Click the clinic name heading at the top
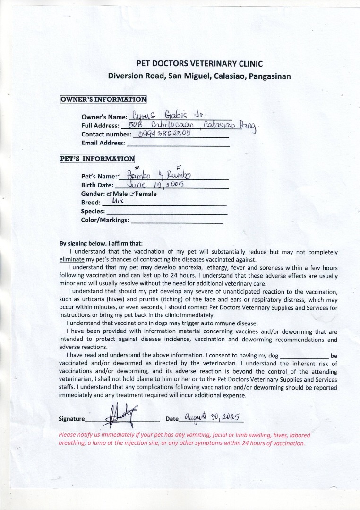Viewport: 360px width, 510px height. pyautogui.click(x=199, y=64)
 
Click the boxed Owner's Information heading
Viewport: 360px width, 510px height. pyautogui.click(x=103, y=99)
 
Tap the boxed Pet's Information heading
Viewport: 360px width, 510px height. pyautogui.click(x=97, y=159)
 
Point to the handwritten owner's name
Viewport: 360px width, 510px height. pyautogui.click(x=172, y=114)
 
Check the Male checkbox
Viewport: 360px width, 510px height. pyautogui.click(x=110, y=194)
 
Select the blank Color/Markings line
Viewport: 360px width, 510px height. pyautogui.click(x=177, y=221)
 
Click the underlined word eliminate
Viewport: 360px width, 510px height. pyautogui.click(x=72, y=260)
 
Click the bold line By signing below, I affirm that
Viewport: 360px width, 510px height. pyautogui.click(x=101, y=244)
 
